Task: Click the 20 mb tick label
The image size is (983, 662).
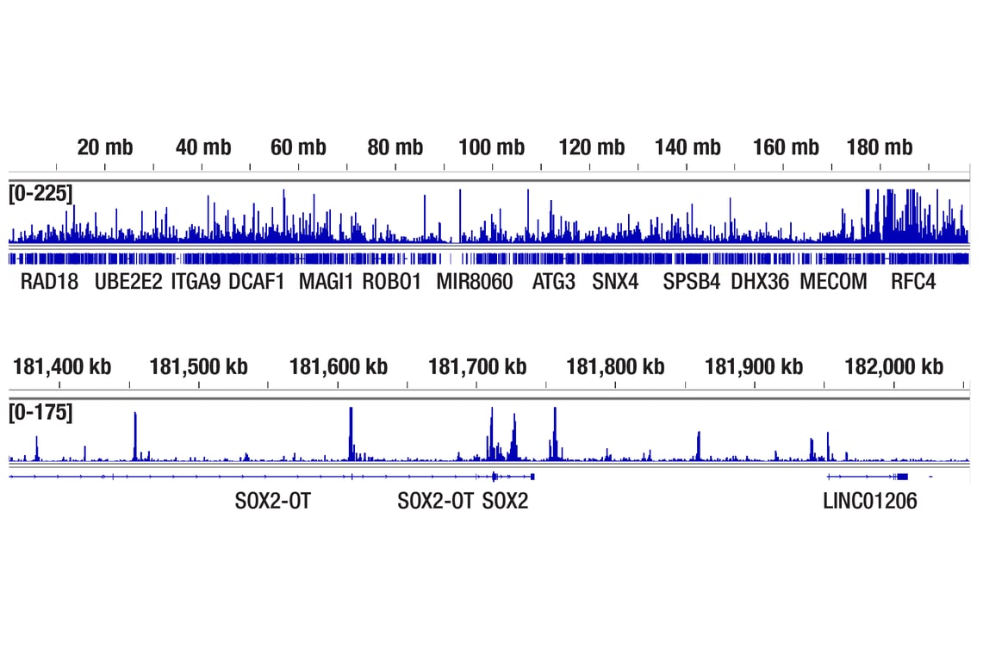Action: (x=105, y=147)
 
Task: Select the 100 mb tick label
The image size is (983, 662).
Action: (x=491, y=147)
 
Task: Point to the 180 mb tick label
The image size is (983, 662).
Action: (x=879, y=147)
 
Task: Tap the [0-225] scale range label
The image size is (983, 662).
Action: (x=40, y=194)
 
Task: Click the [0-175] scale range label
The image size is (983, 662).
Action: (x=40, y=413)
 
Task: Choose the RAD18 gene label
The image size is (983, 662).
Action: (x=50, y=282)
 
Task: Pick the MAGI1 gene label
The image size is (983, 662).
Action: (x=326, y=282)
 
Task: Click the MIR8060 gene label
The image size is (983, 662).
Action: (x=474, y=282)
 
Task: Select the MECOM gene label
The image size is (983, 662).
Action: (x=833, y=282)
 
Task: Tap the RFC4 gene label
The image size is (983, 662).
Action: (x=913, y=282)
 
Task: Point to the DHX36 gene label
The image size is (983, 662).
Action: (x=759, y=282)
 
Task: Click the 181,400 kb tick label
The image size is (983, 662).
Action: (x=62, y=367)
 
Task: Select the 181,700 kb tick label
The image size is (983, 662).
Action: (x=477, y=367)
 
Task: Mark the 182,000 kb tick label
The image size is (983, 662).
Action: (x=893, y=367)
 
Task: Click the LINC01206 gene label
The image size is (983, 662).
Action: (x=870, y=501)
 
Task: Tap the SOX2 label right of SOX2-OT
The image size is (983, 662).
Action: (x=506, y=501)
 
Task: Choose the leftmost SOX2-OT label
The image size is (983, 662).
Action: (x=272, y=501)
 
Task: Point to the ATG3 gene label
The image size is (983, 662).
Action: (x=553, y=282)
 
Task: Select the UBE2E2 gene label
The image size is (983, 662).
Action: (x=128, y=282)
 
